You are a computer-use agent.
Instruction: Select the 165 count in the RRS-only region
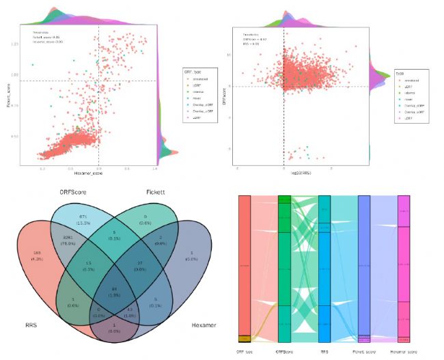38,253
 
